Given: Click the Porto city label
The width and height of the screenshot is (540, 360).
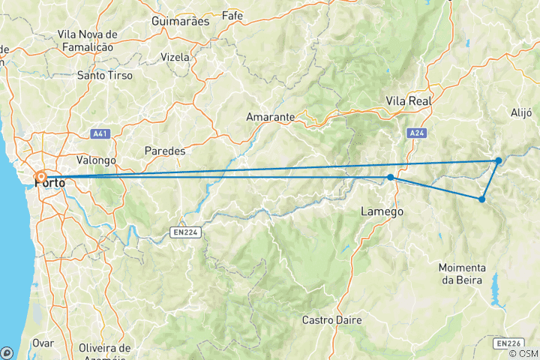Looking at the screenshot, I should point(49,182).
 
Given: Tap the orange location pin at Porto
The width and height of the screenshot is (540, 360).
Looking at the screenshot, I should point(40,178).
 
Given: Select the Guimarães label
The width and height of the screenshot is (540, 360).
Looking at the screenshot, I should point(180,22).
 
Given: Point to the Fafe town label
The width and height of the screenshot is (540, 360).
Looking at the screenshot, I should point(232,15).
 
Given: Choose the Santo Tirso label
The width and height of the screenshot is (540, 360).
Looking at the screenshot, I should point(105,76).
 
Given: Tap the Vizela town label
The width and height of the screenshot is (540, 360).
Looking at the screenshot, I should point(176,57).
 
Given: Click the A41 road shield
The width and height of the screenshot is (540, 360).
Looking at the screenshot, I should point(99,133).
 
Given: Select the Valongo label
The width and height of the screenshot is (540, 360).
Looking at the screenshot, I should point(96,160).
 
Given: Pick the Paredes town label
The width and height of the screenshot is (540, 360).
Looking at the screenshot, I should point(164,150).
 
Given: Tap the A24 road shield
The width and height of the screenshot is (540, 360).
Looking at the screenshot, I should point(418,133).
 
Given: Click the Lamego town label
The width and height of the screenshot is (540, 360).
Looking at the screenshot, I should point(382,211).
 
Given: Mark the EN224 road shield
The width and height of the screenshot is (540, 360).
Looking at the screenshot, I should point(184,232).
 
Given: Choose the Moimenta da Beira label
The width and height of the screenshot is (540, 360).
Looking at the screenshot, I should point(463,274).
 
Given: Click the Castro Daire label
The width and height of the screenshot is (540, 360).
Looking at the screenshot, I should point(331,320).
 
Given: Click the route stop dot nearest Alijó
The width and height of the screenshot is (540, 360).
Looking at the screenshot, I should point(498,160).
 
